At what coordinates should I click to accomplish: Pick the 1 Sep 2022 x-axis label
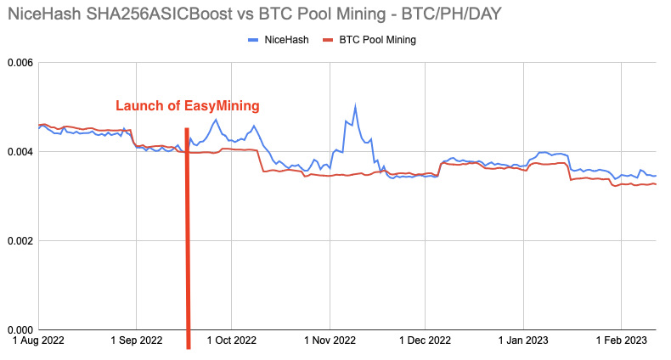click(x=137, y=341)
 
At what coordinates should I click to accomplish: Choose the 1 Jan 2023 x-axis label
click(x=523, y=341)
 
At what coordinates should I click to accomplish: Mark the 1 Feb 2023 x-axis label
click(x=620, y=341)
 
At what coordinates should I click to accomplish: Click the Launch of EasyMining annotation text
click(x=187, y=106)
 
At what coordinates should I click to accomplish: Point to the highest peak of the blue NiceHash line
click(x=355, y=106)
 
